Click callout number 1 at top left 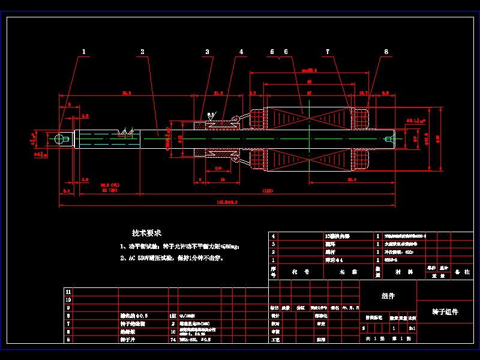coord(84,52)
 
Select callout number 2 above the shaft coord(142,52)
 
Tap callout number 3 coord(208,52)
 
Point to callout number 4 coord(241,52)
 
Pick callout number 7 coord(328,52)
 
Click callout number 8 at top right coord(386,52)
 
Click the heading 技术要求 coord(146,233)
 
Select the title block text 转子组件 coord(445,312)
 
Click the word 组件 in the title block coord(388,296)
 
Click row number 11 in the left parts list coord(68,291)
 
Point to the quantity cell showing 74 coord(173,339)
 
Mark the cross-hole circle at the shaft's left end coord(59,139)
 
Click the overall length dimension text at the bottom coord(229,203)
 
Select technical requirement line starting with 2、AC coord(166,258)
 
